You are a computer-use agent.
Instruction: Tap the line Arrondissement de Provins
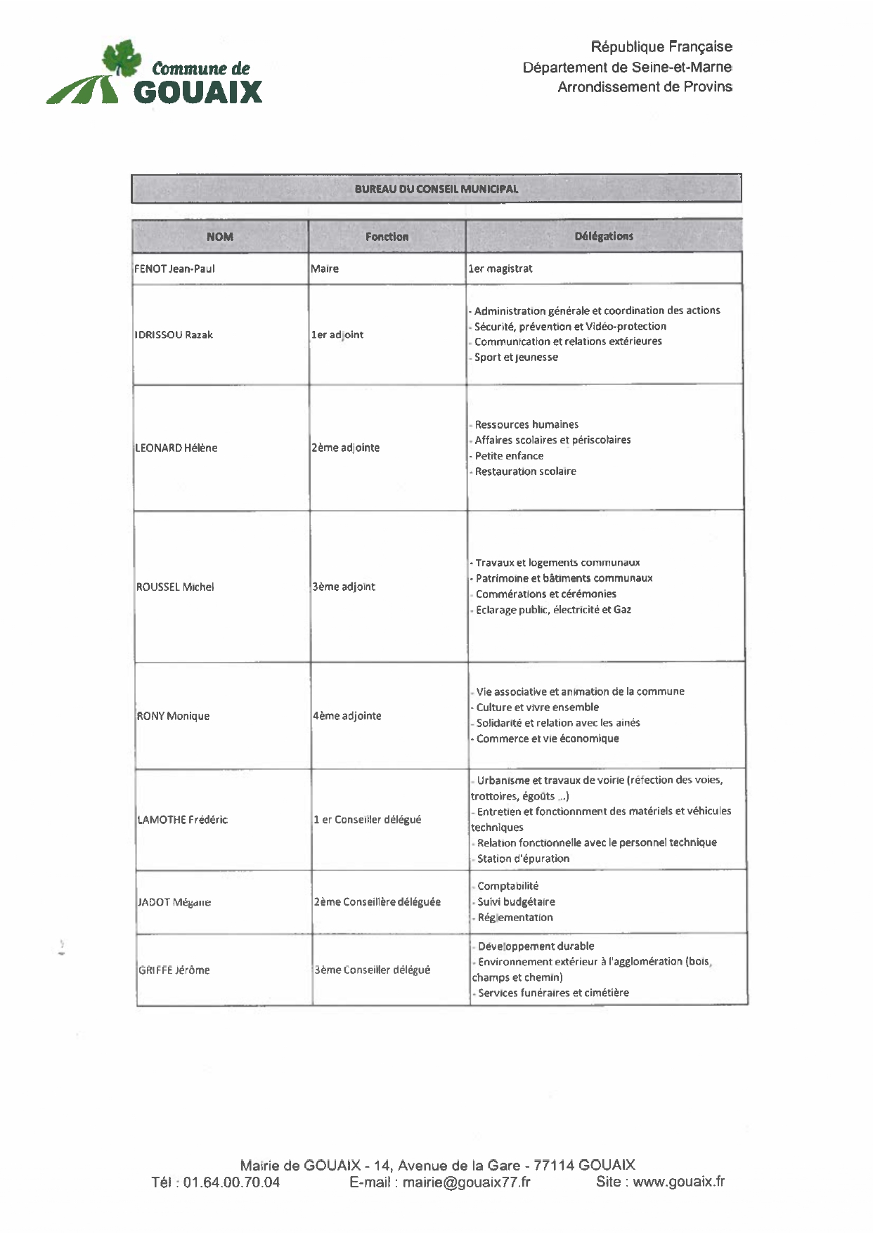(645, 87)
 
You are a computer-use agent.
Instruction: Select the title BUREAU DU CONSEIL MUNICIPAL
(436, 189)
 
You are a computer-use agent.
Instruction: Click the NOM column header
(219, 237)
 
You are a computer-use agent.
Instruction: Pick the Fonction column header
(387, 237)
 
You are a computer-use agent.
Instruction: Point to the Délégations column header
(604, 236)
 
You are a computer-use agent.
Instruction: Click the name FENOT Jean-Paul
(175, 268)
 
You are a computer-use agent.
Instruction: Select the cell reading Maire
(325, 268)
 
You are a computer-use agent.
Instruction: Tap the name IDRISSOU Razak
(174, 334)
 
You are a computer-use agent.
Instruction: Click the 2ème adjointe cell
(345, 448)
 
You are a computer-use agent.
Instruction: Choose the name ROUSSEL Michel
(175, 587)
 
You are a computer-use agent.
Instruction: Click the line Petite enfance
(509, 455)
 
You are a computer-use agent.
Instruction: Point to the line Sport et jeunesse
(516, 357)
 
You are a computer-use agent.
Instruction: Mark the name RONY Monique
(173, 716)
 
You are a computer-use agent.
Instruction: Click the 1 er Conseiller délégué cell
(368, 819)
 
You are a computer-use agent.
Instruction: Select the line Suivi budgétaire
(516, 901)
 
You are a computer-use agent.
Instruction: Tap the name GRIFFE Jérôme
(174, 970)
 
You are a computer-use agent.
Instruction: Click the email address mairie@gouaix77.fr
(467, 1182)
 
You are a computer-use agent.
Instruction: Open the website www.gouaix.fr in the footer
(678, 1181)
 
